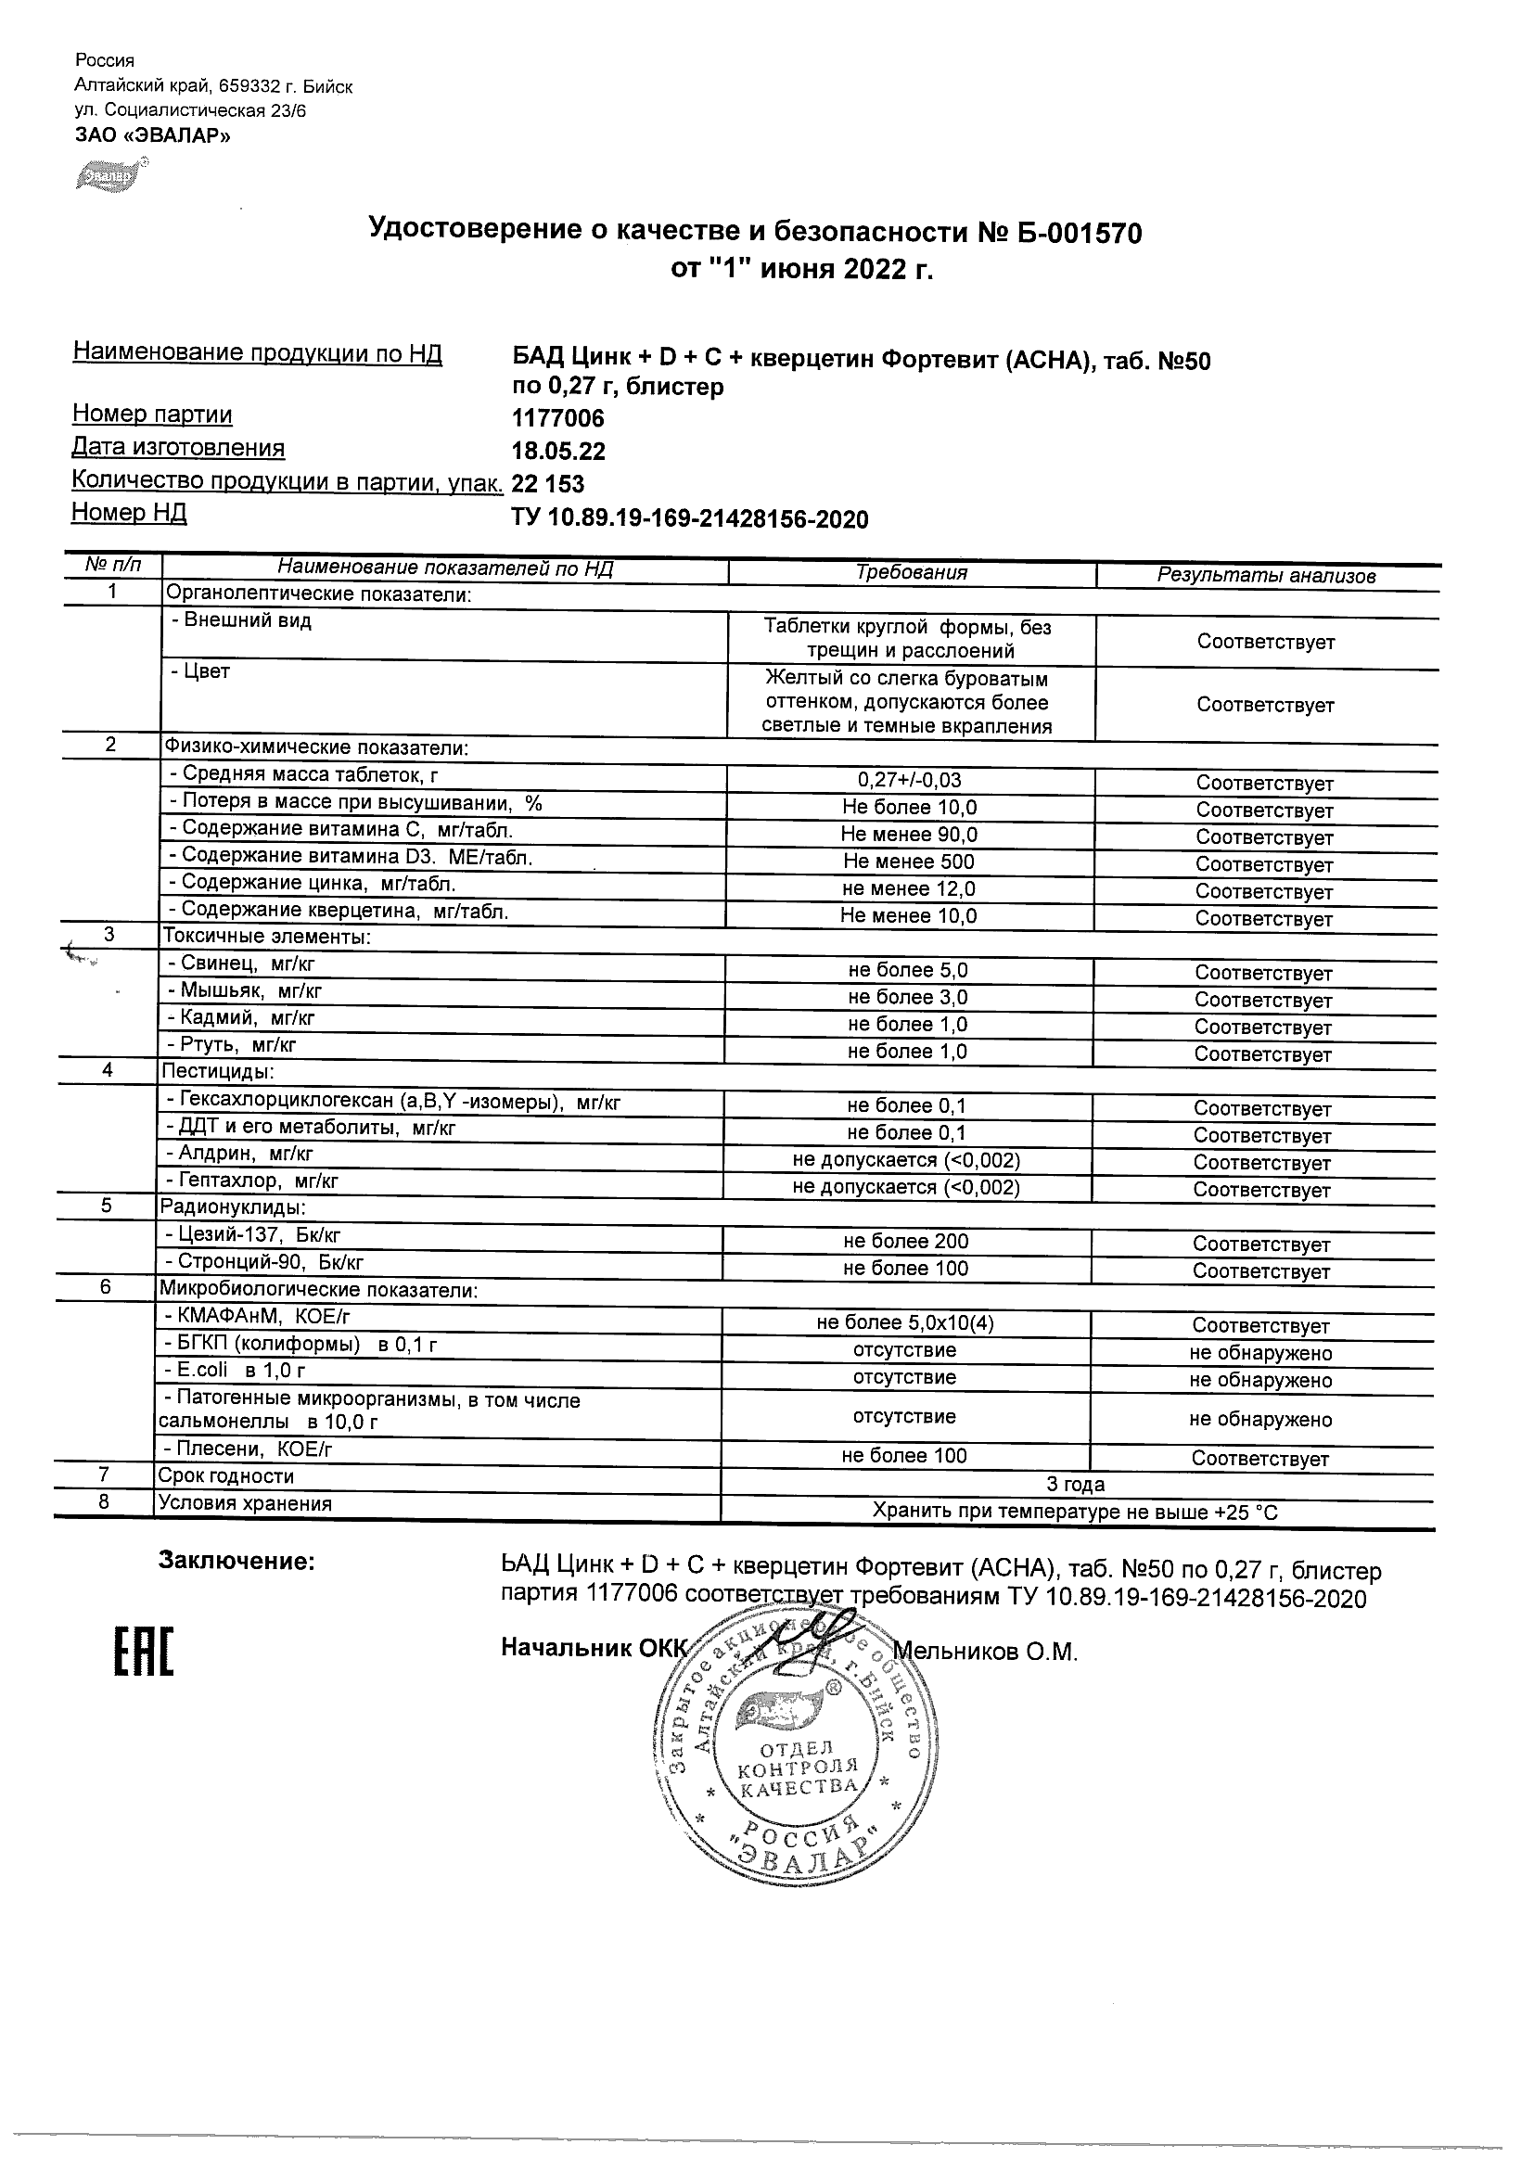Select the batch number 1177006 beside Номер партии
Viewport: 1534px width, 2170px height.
coord(557,418)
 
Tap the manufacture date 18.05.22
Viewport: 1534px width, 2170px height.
coord(557,452)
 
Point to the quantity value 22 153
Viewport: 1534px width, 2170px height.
coord(547,485)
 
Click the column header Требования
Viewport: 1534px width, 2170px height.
coord(911,573)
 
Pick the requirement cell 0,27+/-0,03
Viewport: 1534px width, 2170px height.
coord(909,781)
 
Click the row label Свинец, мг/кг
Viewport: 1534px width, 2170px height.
coord(240,964)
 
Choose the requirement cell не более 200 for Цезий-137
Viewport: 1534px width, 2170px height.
coord(906,1242)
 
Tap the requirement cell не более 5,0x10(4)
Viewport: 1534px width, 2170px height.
coord(905,1323)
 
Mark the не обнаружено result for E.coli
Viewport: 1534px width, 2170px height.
coord(1259,1381)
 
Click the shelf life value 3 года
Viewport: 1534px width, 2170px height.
coord(1076,1485)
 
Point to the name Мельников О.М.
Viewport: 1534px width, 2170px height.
coord(985,1652)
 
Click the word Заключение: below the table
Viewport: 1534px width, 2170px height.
coord(236,1562)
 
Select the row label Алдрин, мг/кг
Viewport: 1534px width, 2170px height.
coord(239,1154)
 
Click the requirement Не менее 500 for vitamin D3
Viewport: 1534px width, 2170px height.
coord(909,862)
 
